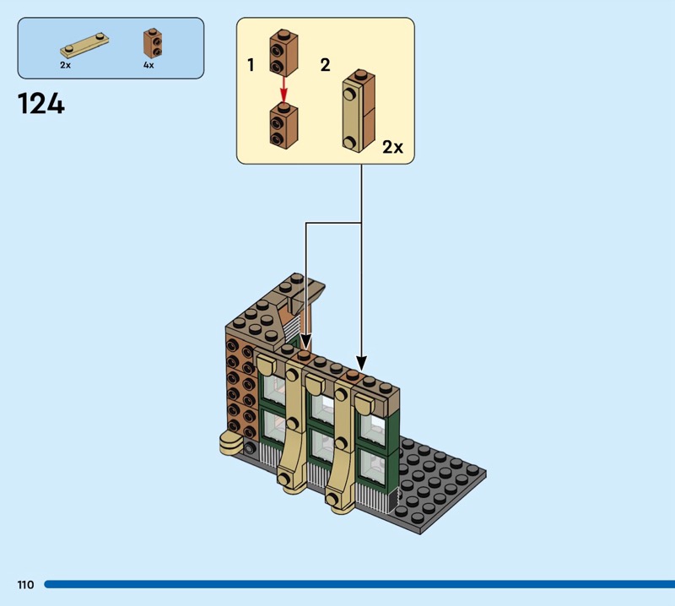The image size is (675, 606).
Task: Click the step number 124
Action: (x=40, y=104)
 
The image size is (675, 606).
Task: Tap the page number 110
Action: (x=24, y=584)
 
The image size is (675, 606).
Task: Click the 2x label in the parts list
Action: (x=65, y=65)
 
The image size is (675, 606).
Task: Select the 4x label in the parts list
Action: (x=148, y=65)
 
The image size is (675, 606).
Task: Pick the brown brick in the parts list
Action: (x=151, y=43)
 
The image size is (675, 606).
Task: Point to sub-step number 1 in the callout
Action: (x=251, y=65)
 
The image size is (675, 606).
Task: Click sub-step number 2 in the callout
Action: (x=325, y=65)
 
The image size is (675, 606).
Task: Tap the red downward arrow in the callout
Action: (x=284, y=89)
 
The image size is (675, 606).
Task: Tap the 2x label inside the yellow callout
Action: (x=392, y=148)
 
